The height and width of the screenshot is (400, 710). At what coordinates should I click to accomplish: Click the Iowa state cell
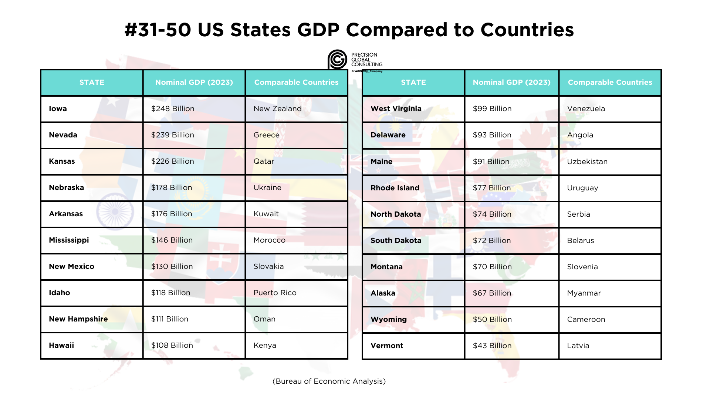point(58,109)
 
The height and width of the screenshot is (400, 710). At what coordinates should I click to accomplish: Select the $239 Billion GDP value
point(173,135)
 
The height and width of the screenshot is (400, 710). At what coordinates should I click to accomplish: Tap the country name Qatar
point(264,161)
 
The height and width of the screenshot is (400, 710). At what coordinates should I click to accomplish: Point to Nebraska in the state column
point(67,188)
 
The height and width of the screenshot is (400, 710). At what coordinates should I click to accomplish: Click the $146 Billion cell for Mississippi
point(172,240)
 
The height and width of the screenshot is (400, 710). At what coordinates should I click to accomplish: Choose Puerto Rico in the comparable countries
point(275,293)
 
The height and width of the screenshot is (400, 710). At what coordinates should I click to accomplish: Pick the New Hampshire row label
point(78,319)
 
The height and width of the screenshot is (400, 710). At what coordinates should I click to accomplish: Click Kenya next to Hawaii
point(265,346)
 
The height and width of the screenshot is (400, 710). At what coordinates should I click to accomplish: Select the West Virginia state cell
point(396,109)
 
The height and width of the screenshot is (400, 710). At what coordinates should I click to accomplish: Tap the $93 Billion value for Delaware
point(492,135)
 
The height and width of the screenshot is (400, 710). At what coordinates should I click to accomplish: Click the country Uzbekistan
point(587,162)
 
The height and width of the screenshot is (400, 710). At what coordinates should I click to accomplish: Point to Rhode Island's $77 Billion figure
point(492,188)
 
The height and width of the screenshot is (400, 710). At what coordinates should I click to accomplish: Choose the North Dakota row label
point(396,214)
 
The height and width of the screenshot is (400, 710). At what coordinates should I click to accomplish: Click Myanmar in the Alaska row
point(584,293)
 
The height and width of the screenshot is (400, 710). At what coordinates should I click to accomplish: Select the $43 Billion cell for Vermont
point(492,346)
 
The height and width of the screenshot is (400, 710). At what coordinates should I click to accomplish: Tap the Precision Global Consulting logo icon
point(337,60)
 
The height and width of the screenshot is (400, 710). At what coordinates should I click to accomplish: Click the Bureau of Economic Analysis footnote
point(329,381)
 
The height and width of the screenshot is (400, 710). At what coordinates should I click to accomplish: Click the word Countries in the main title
point(527,30)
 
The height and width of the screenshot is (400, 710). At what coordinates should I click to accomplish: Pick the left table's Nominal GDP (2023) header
point(194,83)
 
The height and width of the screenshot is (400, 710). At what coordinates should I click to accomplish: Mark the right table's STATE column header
point(413,83)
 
